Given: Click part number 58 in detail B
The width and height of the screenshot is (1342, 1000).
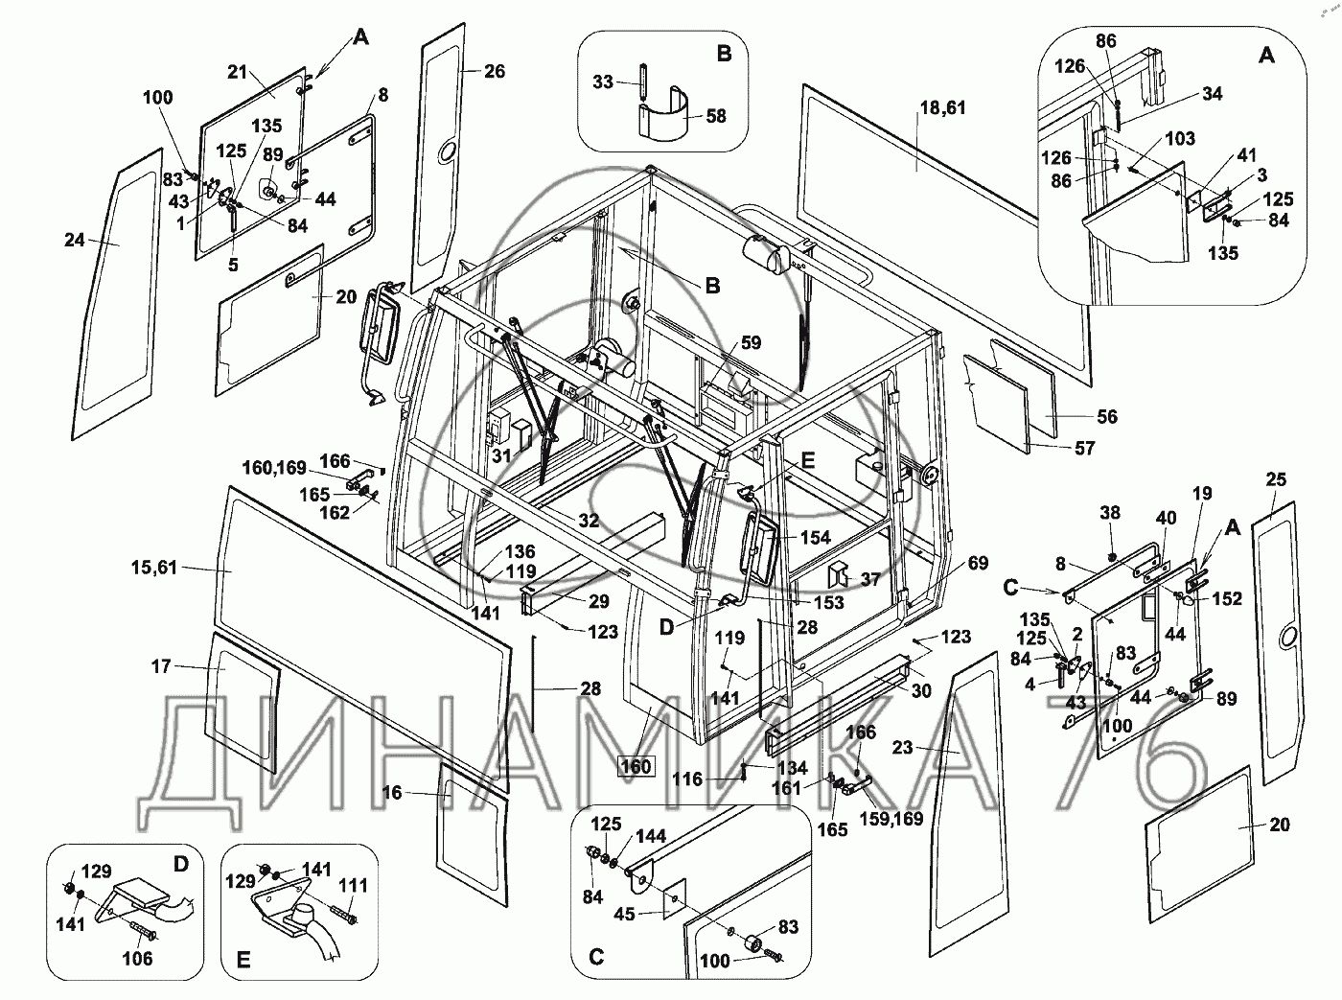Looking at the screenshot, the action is [x=716, y=116].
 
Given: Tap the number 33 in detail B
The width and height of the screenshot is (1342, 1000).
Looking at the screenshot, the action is [x=603, y=81].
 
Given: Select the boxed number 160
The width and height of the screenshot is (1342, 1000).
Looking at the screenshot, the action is [x=636, y=766].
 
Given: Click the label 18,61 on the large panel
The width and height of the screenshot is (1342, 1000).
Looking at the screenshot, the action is [x=942, y=107].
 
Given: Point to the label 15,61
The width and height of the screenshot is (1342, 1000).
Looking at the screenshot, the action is [x=154, y=568].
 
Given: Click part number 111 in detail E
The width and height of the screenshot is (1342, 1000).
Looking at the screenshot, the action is [x=353, y=886].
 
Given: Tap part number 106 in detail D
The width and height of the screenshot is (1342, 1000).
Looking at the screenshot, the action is [x=137, y=958].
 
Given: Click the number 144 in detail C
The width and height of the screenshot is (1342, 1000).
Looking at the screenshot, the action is [x=651, y=836].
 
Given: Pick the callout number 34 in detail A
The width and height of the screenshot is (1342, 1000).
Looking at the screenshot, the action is [x=1212, y=94].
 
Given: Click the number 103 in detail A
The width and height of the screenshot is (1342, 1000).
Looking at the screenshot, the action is [x=1180, y=139].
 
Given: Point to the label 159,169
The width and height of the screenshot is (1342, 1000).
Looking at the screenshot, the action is [x=891, y=819].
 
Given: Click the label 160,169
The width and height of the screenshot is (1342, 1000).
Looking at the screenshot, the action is [x=274, y=468].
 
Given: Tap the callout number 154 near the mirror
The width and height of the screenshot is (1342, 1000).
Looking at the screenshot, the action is [x=816, y=537].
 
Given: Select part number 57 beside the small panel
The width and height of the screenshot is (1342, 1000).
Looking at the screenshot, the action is [x=1085, y=448].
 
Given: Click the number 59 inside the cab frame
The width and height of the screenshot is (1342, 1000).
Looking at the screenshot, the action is [x=751, y=342].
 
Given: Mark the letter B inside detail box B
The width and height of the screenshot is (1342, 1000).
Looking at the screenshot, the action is [x=725, y=54].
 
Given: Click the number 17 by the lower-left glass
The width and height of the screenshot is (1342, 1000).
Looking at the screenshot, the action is [x=161, y=666].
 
